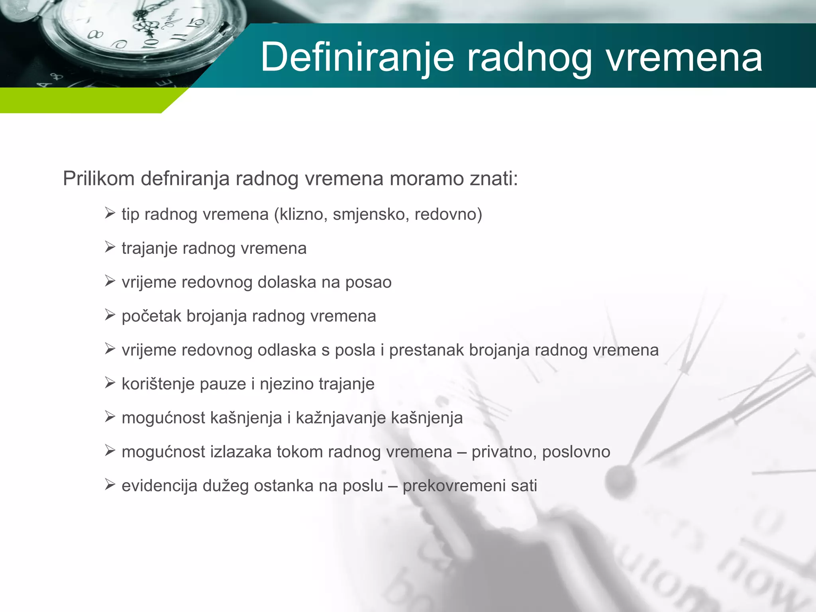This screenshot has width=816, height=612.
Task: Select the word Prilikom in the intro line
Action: pyautogui.click(x=99, y=178)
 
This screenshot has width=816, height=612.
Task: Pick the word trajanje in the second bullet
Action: pyautogui.click(x=149, y=249)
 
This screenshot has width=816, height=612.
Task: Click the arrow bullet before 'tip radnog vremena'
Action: pyautogui.click(x=110, y=213)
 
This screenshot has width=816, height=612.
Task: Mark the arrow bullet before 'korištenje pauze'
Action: pyautogui.click(x=110, y=383)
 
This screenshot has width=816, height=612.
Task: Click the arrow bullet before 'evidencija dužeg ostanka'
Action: pyautogui.click(x=110, y=485)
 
